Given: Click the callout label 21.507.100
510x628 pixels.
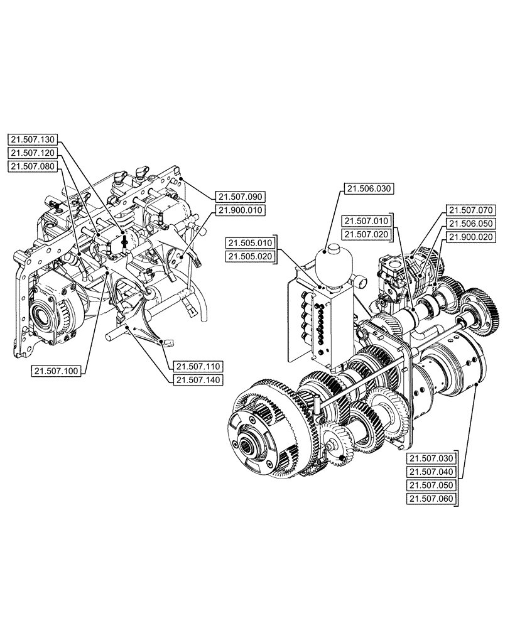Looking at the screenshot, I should click(x=55, y=371).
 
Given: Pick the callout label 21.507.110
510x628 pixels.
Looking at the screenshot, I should click(x=198, y=366).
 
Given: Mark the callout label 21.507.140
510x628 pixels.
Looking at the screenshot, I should click(x=198, y=379).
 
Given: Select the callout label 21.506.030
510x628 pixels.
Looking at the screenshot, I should click(x=366, y=188).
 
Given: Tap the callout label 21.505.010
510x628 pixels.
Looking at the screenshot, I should click(x=250, y=243).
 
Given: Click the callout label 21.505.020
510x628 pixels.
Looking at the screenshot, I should click(x=250, y=256).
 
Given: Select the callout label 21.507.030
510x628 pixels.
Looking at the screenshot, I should click(x=431, y=458).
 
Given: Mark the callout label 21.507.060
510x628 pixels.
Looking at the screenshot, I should click(x=431, y=499).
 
